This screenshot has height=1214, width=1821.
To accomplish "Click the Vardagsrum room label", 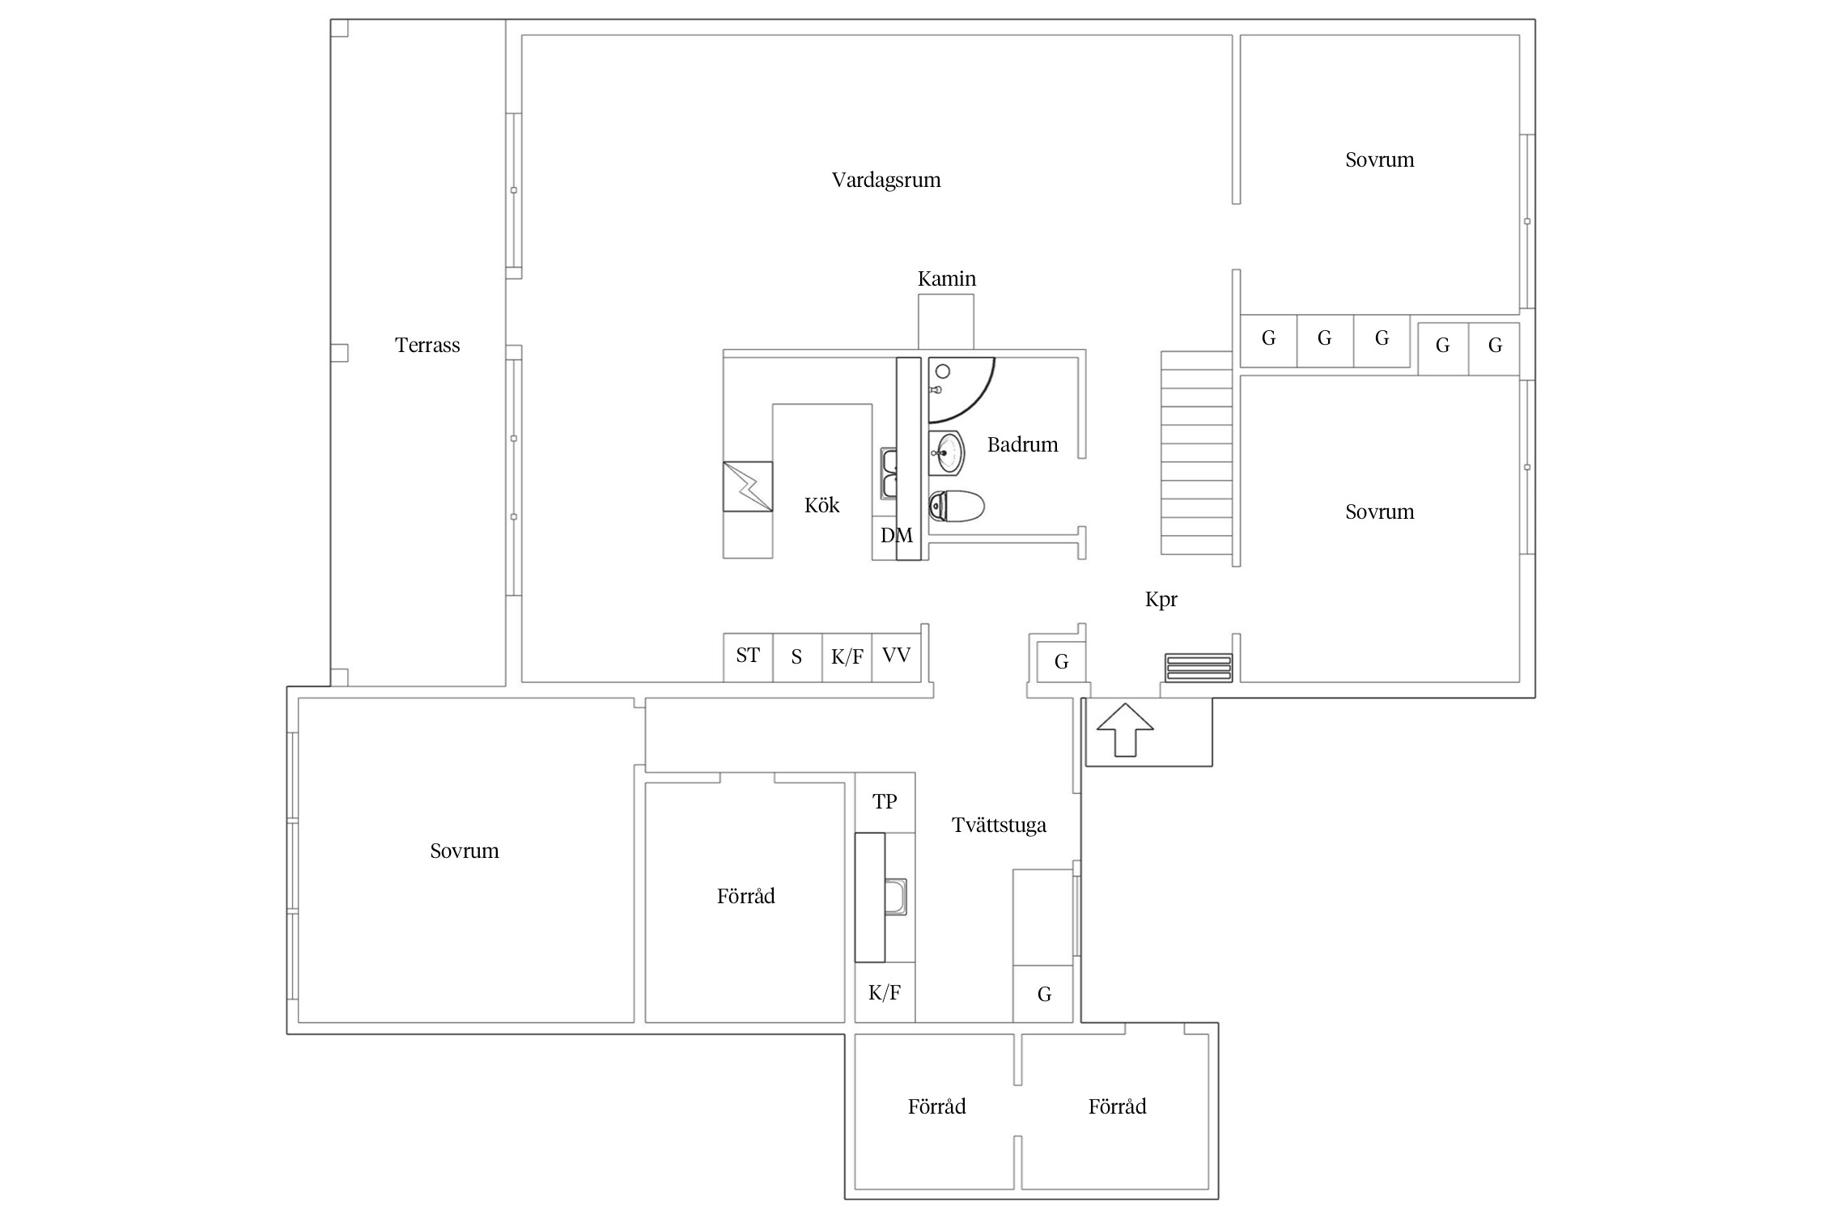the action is tap(886, 180).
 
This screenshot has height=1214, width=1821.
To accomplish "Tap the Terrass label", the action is tap(427, 346).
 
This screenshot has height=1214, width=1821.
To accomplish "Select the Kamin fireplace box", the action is tap(945, 321).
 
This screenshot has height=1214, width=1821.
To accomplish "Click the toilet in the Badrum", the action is tap(956, 507).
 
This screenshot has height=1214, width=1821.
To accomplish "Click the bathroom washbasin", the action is tap(946, 453).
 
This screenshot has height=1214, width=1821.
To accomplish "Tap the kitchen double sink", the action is tap(889, 474).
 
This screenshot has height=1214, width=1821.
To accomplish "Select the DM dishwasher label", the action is tap(897, 535).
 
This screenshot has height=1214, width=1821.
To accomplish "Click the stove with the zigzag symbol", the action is tap(748, 486).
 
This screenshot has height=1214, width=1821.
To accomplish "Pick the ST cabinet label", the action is tap(748, 655).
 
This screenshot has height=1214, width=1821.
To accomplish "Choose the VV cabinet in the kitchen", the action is tap(897, 657).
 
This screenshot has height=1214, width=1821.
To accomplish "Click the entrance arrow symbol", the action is tap(1125, 729).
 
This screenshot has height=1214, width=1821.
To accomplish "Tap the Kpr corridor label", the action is tap(1161, 600).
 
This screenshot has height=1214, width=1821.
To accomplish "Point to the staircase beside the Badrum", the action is tap(1197, 452).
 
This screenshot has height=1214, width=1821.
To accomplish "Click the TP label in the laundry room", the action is tap(885, 801).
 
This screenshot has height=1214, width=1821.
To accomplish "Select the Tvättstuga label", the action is tap(999, 825).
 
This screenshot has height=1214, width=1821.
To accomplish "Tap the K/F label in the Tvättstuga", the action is tap(885, 993).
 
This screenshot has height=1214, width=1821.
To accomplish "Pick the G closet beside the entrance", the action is tap(1061, 662).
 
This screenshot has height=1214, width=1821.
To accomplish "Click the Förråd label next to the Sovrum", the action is tap(745, 896).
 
